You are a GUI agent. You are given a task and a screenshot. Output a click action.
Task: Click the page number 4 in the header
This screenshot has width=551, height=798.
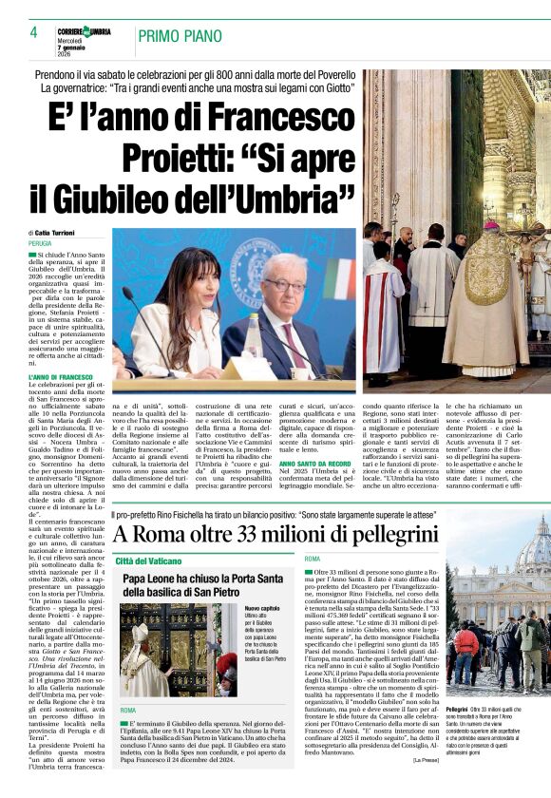(33, 32)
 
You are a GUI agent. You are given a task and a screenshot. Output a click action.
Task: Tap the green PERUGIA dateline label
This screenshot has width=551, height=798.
(41, 243)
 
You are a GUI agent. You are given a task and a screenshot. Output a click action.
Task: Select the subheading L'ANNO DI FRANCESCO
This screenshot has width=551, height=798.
(60, 378)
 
